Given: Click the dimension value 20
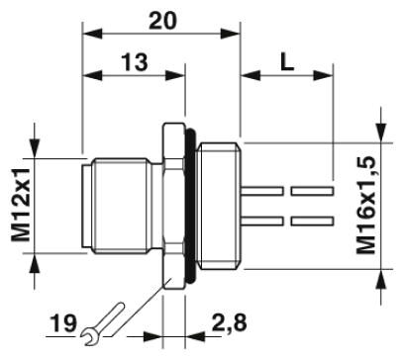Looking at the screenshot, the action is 162,21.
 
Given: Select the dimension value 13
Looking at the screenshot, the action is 135,62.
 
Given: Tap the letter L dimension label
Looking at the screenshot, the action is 287,62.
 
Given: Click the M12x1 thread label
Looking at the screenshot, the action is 21,205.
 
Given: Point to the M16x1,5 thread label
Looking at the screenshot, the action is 366,206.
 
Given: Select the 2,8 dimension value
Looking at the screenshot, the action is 230,322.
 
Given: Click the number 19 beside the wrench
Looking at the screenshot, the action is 63,323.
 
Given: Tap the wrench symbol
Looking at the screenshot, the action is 103,323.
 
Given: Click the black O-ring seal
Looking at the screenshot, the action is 191,206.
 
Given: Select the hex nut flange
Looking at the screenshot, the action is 174,206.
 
